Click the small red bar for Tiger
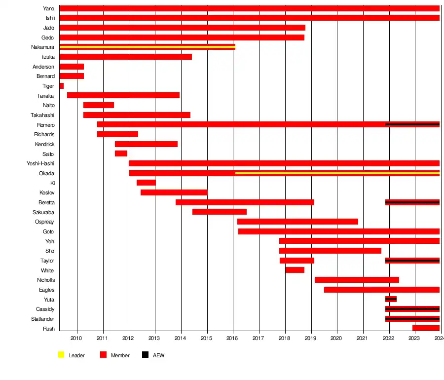62,86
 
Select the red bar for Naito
99,105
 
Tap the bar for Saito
121,153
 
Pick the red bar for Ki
146,183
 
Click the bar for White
295,270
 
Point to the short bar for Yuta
391,299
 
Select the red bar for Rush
426,328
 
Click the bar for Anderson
72,67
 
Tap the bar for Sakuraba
219,212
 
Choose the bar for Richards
117,134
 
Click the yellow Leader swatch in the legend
62,355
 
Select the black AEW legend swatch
145,355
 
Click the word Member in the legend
120,355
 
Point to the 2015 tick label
207,338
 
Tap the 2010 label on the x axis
76,338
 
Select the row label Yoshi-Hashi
40,164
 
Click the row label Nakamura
42,47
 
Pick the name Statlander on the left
42,319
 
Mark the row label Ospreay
44,222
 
